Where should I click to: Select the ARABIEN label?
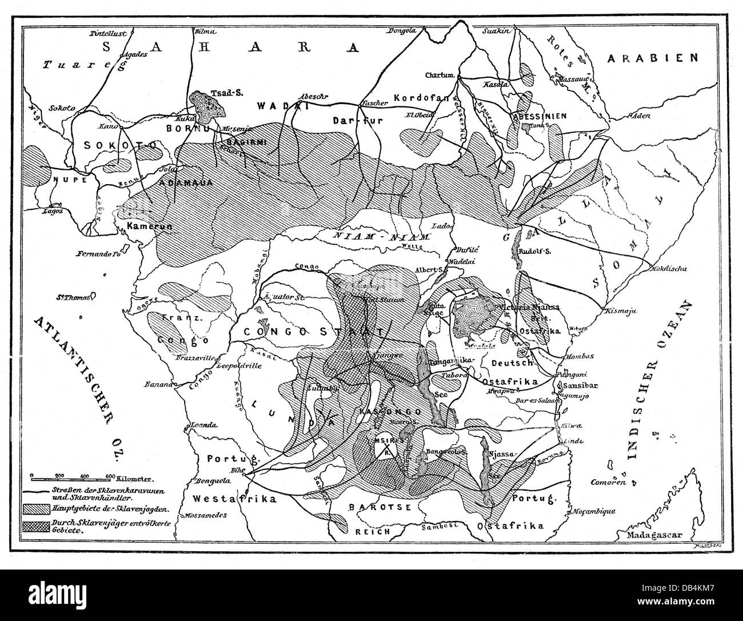tap(653, 58)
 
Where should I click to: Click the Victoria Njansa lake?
tap(474, 316)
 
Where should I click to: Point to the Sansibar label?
tap(580, 385)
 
